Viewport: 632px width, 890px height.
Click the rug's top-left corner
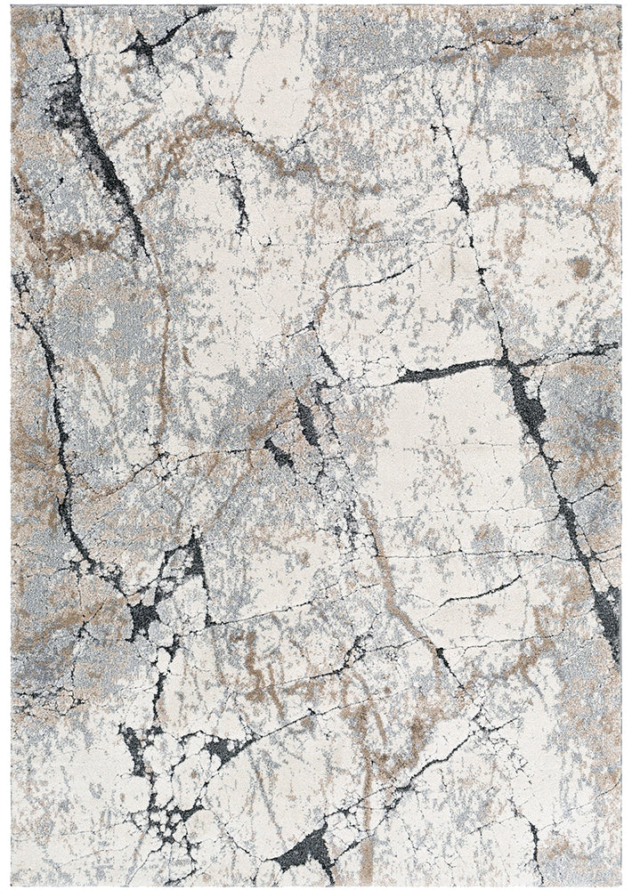pyautogui.click(x=12, y=7)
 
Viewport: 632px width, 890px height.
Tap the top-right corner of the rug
pyautogui.click(x=620, y=7)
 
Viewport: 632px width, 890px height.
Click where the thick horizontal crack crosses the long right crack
pyautogui.click(x=506, y=360)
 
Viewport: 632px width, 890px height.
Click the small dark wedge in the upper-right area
pyautogui.click(x=581, y=166)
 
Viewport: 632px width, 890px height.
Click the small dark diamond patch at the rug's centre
pyautogui.click(x=279, y=453)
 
